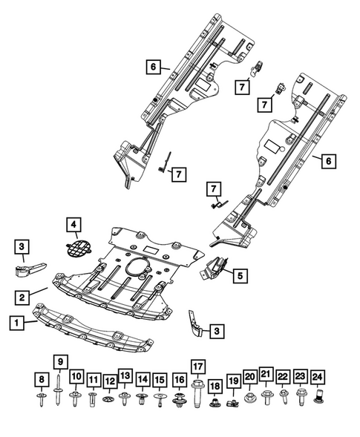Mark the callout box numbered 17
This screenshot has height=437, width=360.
point(197,367)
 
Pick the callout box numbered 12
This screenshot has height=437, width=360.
point(109,381)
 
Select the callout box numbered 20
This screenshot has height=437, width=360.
point(250,377)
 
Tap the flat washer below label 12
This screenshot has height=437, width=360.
point(109,401)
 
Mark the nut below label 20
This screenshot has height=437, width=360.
point(250,399)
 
